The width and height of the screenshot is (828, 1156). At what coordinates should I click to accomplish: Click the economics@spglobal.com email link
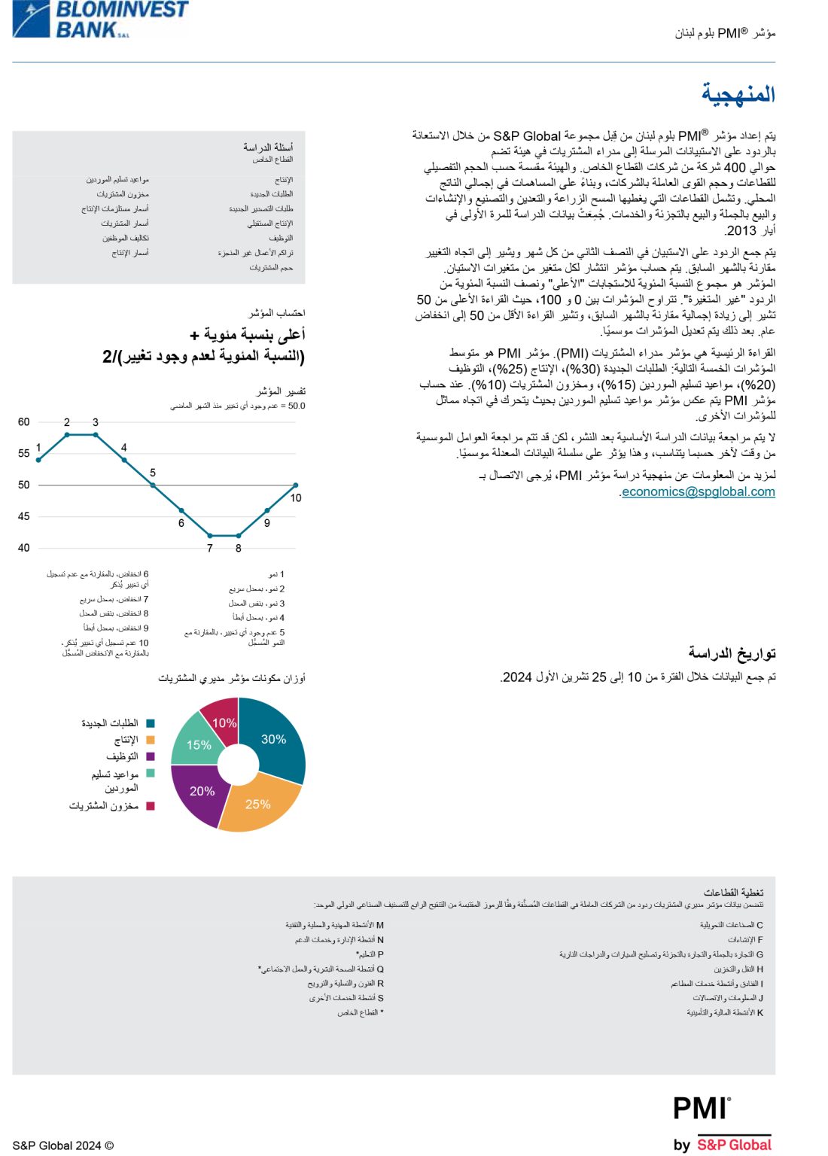(x=698, y=491)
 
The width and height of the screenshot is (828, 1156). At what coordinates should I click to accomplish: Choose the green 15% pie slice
(x=197, y=744)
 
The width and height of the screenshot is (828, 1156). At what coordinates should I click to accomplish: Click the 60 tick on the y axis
(x=24, y=422)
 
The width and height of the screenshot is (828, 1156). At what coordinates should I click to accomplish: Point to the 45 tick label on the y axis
(x=24, y=516)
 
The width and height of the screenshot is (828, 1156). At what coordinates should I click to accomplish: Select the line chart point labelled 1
(x=38, y=460)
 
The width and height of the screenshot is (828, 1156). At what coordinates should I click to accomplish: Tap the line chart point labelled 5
(x=153, y=485)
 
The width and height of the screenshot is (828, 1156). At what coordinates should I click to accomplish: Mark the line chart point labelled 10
(x=296, y=485)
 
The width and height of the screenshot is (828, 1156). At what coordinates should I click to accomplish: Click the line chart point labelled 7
(x=210, y=536)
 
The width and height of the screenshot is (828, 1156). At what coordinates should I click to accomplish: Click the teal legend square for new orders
(x=151, y=723)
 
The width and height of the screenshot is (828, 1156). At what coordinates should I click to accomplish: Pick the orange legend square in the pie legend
(x=151, y=740)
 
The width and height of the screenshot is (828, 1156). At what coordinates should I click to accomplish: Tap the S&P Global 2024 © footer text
(x=62, y=1145)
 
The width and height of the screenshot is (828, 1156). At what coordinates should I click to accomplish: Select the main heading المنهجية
(x=738, y=94)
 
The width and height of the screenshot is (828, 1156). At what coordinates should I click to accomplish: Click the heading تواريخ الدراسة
(x=732, y=653)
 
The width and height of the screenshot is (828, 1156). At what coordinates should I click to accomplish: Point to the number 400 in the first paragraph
(x=735, y=168)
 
